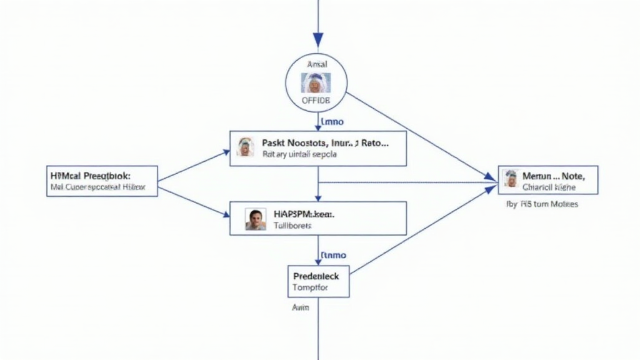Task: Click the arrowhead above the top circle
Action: pos(318,40)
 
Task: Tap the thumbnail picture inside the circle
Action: pos(316,82)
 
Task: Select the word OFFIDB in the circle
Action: pos(316,100)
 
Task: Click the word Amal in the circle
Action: pos(317,64)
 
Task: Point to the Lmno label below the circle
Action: pos(331,122)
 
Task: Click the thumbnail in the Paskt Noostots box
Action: pos(246,147)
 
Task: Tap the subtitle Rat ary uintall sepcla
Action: pos(299,154)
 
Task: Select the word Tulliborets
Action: pos(292,226)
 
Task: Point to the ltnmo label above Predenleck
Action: pos(333,255)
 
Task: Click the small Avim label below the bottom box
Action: pos(301,307)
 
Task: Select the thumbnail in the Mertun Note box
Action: pos(511,179)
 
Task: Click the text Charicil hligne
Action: pos(549,187)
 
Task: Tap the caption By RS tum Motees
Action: pos(541,204)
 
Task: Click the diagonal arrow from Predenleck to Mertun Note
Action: pos(419,231)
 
